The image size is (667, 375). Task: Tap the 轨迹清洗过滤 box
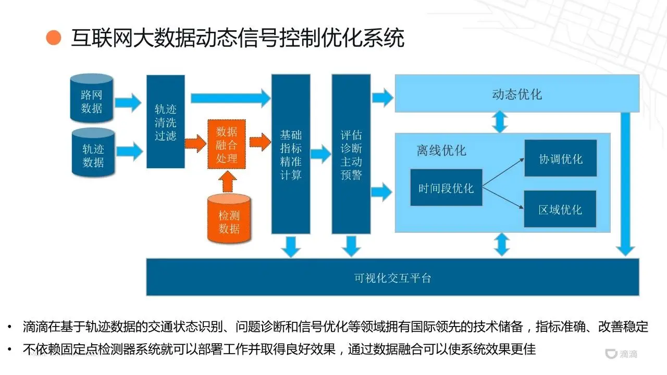click(x=165, y=122)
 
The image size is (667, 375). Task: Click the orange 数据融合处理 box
click(x=226, y=144)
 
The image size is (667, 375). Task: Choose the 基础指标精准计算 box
click(x=290, y=154)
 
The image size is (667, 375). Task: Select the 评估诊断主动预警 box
click(x=351, y=154)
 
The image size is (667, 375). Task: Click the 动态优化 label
click(x=516, y=94)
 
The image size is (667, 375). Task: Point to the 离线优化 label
click(x=441, y=151)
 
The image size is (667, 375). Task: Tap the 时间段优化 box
click(x=446, y=187)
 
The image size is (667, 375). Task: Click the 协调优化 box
click(x=560, y=158)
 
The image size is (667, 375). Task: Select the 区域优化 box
click(x=560, y=209)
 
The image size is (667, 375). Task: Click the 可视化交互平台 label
click(x=392, y=278)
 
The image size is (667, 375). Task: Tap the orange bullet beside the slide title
click(x=54, y=38)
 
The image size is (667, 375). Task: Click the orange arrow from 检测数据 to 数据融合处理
click(x=227, y=181)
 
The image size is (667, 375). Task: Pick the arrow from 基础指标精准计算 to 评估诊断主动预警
click(x=320, y=154)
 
